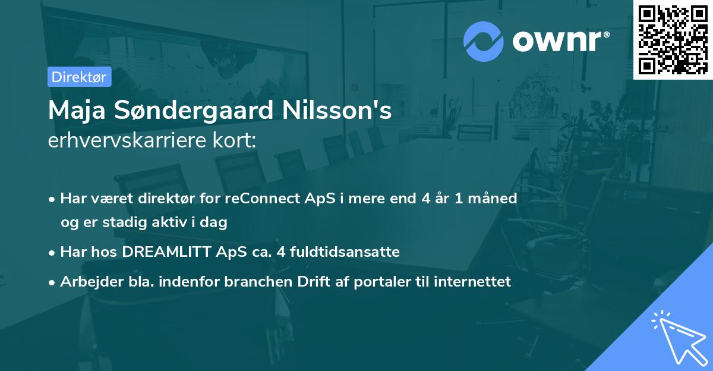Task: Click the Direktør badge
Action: tap(79, 77)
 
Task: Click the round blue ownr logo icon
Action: tap(484, 42)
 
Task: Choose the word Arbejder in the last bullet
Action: tap(87, 282)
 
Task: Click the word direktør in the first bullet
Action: tap(159, 198)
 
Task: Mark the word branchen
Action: tap(254, 282)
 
